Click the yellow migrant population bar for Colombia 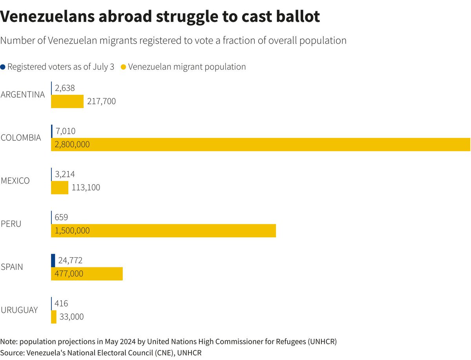coord(275,144)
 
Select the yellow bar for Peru coord(177,231)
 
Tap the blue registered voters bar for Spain coord(53,260)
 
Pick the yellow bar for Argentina coord(67,101)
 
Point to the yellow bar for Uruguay coord(54,317)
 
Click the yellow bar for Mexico coord(60,187)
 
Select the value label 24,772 coord(70,260)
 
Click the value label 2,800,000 coord(72,144)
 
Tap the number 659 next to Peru coord(62,217)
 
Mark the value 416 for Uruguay coord(62,304)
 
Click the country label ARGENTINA coord(23,95)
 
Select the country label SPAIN coord(12,267)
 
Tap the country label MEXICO coord(15,181)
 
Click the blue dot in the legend coord(3,67)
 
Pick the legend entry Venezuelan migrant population coord(187,67)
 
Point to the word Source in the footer coord(12,353)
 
